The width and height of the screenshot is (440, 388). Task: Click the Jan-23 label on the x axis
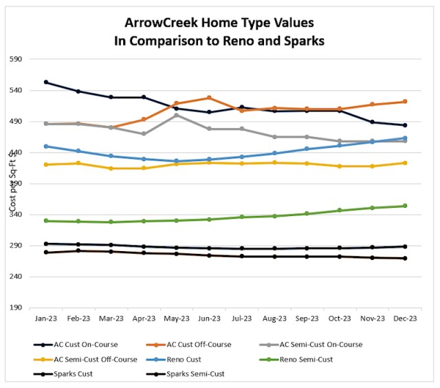pyautogui.click(x=45, y=319)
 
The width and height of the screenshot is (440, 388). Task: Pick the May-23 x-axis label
pyautogui.click(x=177, y=319)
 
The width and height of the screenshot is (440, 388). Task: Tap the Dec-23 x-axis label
pyautogui.click(x=405, y=319)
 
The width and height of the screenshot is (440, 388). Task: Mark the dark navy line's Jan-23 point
pyautogui.click(x=45, y=83)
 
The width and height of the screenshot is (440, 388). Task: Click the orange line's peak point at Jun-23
pyautogui.click(x=209, y=98)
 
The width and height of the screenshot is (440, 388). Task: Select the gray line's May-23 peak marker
pyautogui.click(x=177, y=115)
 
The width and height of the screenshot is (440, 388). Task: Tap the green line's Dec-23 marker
pyautogui.click(x=405, y=206)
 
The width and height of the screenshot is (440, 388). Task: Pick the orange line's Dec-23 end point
pyautogui.click(x=405, y=102)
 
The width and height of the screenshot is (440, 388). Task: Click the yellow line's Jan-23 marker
pyautogui.click(x=45, y=164)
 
